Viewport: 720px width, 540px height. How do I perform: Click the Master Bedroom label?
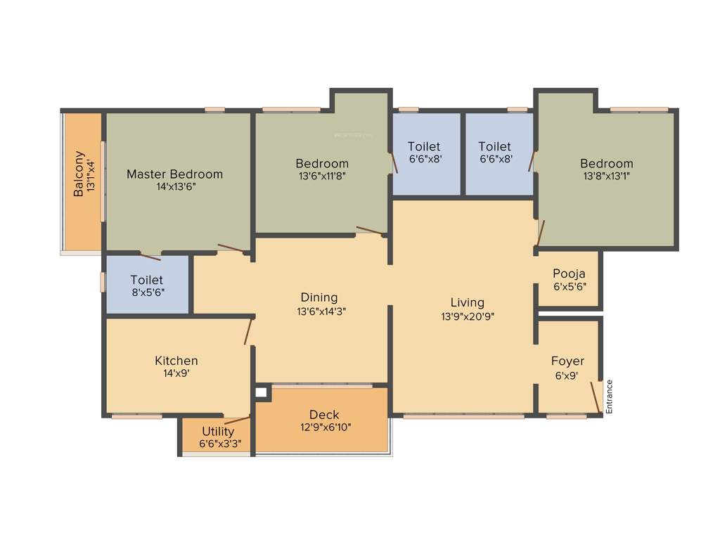pos(174,174)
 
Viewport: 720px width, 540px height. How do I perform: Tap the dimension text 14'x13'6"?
pos(176,188)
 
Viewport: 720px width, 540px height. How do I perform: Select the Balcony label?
pos(79,174)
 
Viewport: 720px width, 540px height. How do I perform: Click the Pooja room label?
pos(569,274)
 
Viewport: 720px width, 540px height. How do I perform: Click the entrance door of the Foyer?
pos(596,398)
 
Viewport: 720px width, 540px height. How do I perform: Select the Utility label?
pos(218,431)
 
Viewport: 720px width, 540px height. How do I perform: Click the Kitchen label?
pos(176,361)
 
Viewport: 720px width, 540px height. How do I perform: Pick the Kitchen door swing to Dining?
pos(248,330)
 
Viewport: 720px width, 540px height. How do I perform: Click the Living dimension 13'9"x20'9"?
pos(468,316)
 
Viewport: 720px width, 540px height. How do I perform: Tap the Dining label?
pos(319,297)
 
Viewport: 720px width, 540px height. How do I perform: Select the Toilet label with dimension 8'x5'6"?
pos(147,280)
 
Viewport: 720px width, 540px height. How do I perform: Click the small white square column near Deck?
pos(262,392)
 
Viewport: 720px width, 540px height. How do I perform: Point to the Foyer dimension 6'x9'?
pos(567,375)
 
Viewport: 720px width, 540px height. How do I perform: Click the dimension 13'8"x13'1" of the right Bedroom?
pos(605,176)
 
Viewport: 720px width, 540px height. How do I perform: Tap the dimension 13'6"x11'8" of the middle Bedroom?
pos(322,176)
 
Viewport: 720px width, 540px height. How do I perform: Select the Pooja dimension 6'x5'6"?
pos(569,287)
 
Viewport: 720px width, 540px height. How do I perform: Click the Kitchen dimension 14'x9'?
pos(176,374)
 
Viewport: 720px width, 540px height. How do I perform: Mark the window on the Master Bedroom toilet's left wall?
pos(103,281)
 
